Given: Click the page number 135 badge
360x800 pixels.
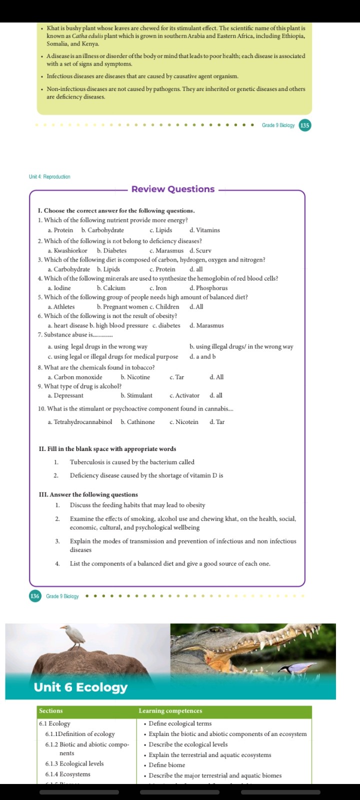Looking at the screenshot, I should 304,125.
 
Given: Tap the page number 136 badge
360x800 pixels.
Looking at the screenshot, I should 35,596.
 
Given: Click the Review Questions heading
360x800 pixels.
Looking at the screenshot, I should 173,189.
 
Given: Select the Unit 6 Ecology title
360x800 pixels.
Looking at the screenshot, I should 80,687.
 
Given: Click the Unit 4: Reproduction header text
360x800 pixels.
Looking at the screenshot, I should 49,177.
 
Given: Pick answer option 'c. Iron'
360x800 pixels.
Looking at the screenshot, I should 158,288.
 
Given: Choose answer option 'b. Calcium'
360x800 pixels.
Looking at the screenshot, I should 111,288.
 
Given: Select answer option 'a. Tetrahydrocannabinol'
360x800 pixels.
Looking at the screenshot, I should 80,422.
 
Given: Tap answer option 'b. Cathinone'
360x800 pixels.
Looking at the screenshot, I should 137,422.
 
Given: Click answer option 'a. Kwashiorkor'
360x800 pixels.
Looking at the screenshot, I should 67,250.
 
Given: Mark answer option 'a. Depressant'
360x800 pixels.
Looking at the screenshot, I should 65,395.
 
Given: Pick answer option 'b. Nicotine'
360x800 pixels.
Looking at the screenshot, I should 135,377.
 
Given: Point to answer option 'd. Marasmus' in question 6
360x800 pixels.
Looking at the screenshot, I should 206,325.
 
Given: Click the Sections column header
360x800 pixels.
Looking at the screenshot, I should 51,711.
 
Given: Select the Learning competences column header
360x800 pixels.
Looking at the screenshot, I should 170,711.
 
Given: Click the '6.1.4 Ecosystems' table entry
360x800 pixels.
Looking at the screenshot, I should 67,774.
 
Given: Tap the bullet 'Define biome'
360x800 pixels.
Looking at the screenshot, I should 166,765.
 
